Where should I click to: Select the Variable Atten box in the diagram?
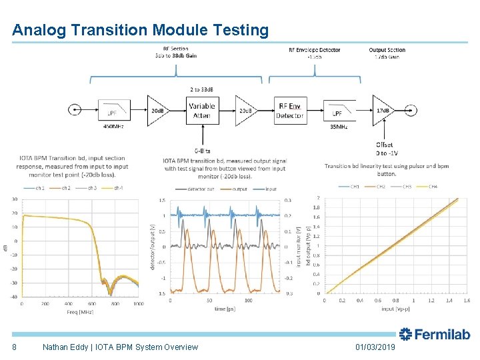click(201, 111)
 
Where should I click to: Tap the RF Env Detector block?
click(289, 111)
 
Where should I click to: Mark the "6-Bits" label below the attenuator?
click(201, 151)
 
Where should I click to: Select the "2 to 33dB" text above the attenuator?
click(201, 89)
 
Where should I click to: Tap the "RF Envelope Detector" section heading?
click(314, 50)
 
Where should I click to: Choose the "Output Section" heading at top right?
click(387, 50)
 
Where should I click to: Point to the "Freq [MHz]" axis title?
click(79, 312)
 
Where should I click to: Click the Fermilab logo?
click(434, 335)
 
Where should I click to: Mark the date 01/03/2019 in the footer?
click(375, 347)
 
